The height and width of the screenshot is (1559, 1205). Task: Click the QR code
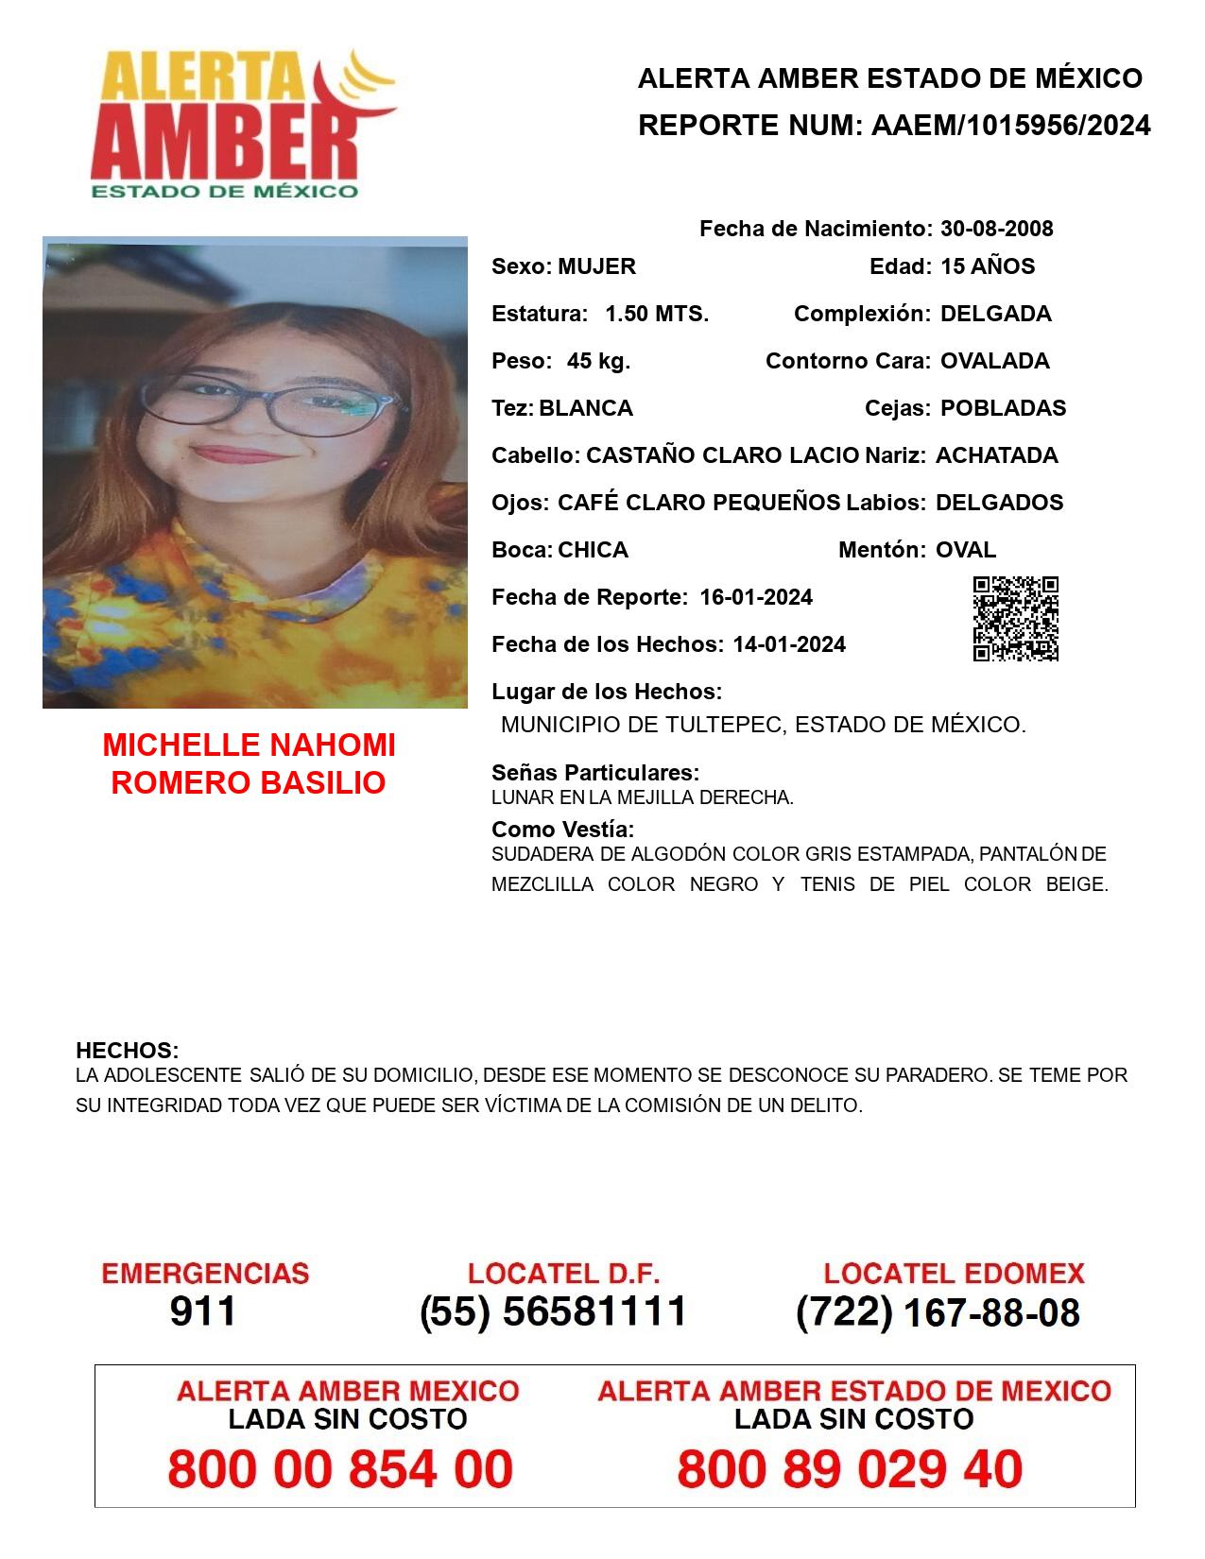[x=1016, y=619]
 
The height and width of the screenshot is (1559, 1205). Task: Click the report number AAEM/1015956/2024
[x=1010, y=126]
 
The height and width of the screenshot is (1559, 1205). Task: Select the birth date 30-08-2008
[x=996, y=229]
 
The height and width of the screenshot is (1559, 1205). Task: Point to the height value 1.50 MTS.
[x=657, y=314]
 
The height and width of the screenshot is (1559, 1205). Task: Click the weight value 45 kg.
[x=598, y=361]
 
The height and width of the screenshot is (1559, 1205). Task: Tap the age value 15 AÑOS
[x=988, y=266]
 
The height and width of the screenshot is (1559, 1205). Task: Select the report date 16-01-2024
[x=756, y=597]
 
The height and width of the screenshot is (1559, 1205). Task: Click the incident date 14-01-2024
[x=789, y=644]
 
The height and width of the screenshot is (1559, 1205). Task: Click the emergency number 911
[x=203, y=1311]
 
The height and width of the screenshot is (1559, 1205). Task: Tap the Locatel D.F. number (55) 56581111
[x=554, y=1311]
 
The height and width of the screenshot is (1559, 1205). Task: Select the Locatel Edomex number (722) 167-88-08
[x=938, y=1312]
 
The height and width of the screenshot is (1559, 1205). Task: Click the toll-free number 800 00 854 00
[x=340, y=1469]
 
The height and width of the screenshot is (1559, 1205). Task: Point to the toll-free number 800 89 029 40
[x=850, y=1469]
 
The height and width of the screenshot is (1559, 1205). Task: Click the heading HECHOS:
[x=128, y=1051]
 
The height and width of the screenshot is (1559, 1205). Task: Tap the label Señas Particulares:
[x=595, y=773]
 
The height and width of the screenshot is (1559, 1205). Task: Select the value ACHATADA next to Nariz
[x=996, y=455]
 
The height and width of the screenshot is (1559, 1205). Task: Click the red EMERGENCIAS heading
[x=205, y=1273]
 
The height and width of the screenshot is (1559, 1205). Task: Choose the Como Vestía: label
[x=562, y=830]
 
